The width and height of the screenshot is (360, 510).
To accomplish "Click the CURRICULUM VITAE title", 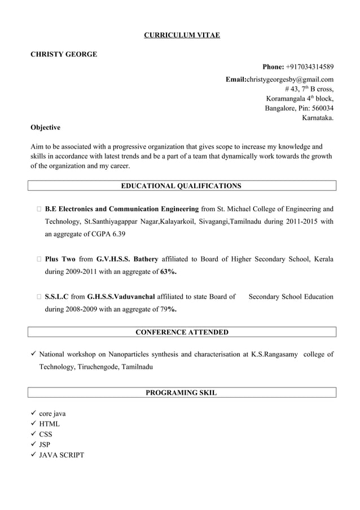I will (x=182, y=36).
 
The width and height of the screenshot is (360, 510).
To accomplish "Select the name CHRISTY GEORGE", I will (x=63, y=54).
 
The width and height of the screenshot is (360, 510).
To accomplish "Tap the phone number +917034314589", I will (x=309, y=67).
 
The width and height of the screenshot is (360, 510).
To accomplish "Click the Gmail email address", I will (x=289, y=80).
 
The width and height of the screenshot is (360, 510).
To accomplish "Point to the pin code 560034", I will (x=320, y=108).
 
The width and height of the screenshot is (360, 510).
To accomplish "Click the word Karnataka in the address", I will (x=317, y=118).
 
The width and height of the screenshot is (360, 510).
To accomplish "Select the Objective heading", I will (x=45, y=128).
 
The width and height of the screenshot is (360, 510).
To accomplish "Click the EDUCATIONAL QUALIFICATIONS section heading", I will (x=182, y=186).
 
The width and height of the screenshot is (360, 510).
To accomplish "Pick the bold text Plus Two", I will (x=60, y=259).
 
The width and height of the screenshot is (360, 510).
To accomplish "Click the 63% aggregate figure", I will (x=168, y=272).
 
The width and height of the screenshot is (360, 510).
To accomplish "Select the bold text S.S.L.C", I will (x=56, y=297).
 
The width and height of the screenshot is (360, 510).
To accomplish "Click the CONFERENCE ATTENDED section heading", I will (x=182, y=332).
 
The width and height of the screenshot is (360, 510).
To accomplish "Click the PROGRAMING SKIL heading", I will (x=182, y=392).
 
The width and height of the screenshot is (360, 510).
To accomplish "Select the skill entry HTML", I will (x=49, y=424).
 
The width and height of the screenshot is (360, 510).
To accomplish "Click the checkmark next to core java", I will (x=34, y=413).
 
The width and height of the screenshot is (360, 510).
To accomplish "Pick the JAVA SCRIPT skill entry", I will (x=61, y=455).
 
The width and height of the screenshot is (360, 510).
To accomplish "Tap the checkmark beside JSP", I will (x=34, y=444).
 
